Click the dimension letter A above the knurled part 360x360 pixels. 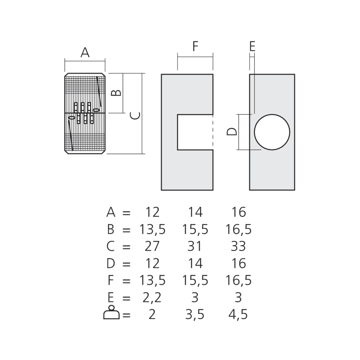tap(85, 53)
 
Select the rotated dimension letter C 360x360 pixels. tap(135, 116)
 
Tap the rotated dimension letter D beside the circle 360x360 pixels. tap(232, 132)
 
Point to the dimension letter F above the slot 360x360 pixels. tap(195, 47)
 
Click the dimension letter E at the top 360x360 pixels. tap(252, 46)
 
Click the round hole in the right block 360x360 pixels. tap(272, 132)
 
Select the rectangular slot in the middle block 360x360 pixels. tap(194, 132)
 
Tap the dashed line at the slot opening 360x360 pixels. tap(213, 132)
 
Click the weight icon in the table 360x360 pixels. tap(111, 313)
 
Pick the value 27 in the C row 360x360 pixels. tap(152, 247)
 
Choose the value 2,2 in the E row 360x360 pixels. tap(152, 298)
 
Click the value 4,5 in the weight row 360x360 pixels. tap(238, 315)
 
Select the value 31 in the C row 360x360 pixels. tap(195, 247)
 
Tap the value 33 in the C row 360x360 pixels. tap(238, 247)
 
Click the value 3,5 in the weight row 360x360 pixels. tap(195, 315)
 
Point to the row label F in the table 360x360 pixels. tap(111, 280)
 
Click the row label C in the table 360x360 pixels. tap(111, 247)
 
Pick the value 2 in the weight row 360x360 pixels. tap(152, 315)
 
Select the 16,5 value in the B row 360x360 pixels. tap(238, 230)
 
